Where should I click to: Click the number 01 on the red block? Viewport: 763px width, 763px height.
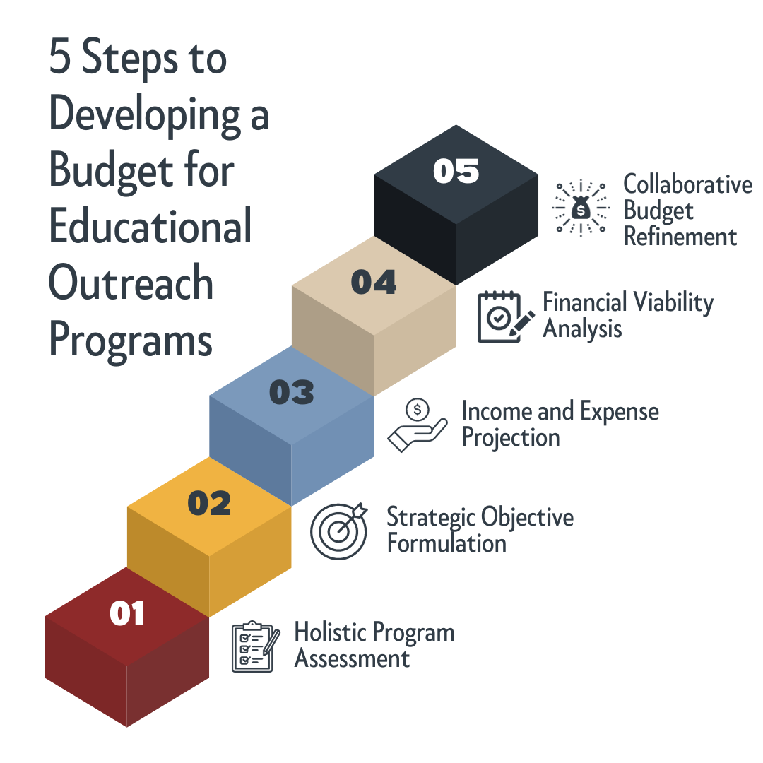[127, 613]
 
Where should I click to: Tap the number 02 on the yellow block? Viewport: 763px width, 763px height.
[209, 503]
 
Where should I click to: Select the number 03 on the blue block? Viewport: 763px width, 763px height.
[291, 393]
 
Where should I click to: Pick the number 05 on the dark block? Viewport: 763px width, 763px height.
[456, 172]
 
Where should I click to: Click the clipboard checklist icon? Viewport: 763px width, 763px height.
[252, 646]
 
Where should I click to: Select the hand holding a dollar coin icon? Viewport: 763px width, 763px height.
[418, 425]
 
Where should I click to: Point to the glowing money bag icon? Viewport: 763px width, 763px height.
[580, 208]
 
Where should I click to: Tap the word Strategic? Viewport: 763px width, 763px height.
[431, 518]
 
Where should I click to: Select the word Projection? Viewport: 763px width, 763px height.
[510, 438]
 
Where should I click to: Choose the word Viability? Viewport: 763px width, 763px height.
[672, 302]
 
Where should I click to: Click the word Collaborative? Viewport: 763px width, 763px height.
[687, 184]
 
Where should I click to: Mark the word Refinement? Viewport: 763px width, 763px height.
[680, 237]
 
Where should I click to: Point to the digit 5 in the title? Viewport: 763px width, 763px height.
[60, 58]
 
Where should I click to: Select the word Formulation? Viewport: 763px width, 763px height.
[446, 544]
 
